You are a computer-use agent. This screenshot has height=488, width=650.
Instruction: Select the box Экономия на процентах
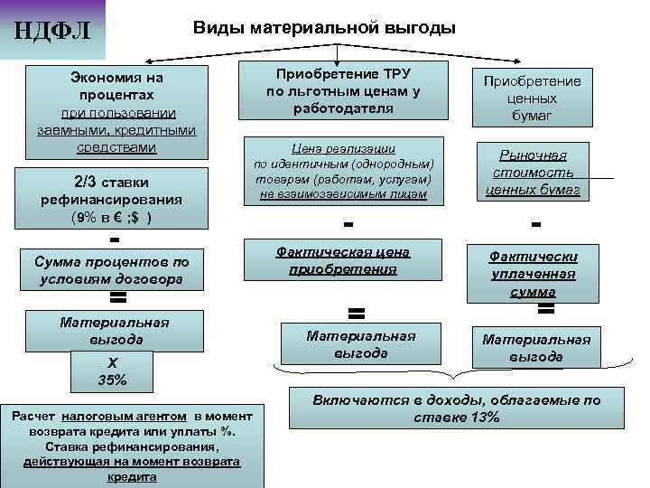coord(112,110)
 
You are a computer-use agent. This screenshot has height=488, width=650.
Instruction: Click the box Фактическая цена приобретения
coord(348,260)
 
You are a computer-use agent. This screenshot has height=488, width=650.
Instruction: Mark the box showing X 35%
coord(112,371)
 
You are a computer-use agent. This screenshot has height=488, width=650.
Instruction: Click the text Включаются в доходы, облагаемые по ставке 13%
coord(455,408)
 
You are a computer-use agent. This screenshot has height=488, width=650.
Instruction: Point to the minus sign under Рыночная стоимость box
coord(537,224)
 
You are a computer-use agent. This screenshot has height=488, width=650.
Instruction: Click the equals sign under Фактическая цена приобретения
coord(356,313)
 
